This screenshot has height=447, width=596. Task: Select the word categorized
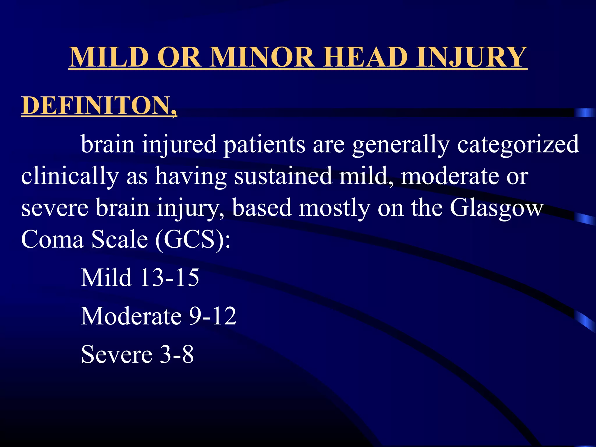point(518,144)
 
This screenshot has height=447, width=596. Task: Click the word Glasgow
point(496,208)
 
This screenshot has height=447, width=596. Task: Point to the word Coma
point(52,239)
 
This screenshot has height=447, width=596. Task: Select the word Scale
point(120,239)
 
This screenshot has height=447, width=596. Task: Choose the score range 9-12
point(212,316)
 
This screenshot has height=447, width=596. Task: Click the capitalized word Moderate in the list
point(131,316)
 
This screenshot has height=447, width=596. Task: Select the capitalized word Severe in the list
point(117,354)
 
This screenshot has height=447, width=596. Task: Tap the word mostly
point(334,208)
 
